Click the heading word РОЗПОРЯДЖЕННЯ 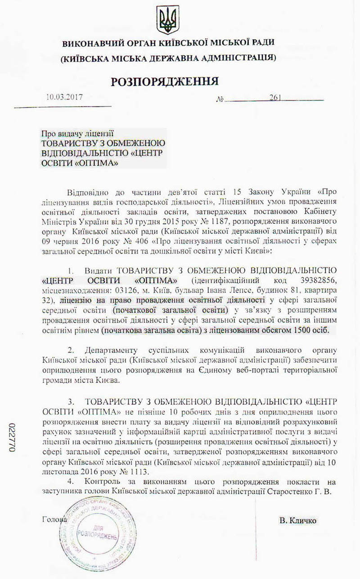pyautogui.click(x=165, y=81)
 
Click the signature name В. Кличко pyautogui.click(x=298, y=520)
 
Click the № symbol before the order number pyautogui.click(x=220, y=98)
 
